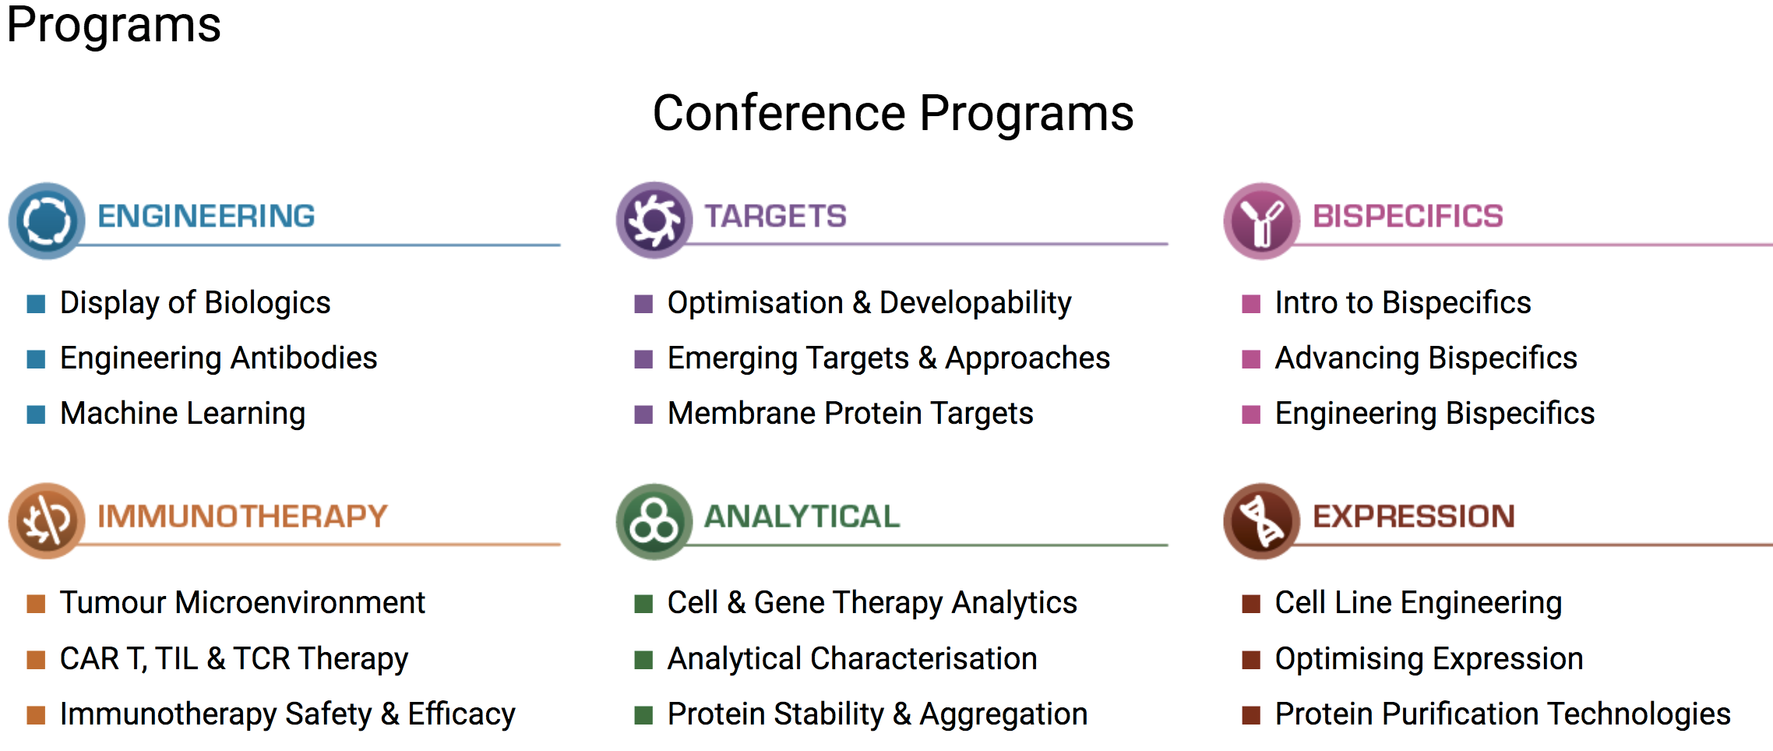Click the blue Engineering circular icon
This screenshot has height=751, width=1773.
(47, 220)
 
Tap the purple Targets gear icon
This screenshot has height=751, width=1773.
(654, 220)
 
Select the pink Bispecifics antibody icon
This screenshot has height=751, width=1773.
(1262, 220)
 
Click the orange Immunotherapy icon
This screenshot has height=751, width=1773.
(47, 520)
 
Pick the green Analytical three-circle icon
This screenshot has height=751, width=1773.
(654, 521)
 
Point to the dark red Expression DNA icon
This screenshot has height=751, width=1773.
(1262, 521)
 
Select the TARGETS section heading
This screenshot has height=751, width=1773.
(776, 216)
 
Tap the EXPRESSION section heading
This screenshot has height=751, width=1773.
(1414, 517)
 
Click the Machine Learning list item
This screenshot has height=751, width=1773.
(182, 414)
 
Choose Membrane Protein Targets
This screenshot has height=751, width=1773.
(851, 414)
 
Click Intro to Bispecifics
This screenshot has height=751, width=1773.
(1403, 303)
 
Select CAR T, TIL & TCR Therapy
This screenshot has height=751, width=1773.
(234, 659)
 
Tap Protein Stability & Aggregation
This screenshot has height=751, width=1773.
(878, 714)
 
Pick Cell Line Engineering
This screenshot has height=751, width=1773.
(1419, 603)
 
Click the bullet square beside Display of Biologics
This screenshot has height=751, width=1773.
(36, 304)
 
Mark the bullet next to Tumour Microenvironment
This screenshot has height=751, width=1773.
(36, 604)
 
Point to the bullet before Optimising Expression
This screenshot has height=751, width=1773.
(1251, 660)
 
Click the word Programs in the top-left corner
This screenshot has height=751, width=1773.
(114, 25)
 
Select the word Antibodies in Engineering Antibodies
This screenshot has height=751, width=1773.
(304, 358)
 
